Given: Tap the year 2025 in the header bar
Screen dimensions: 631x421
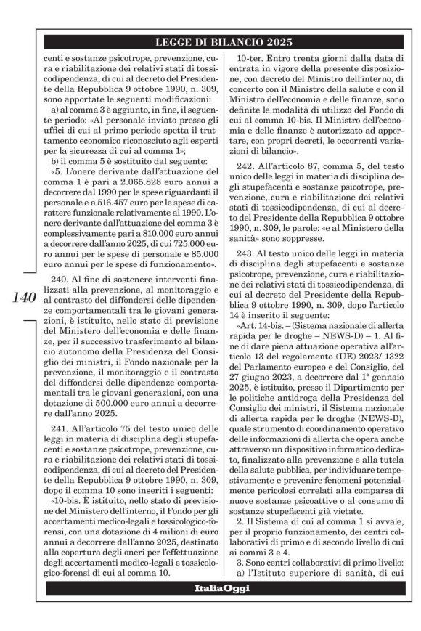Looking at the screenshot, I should (266, 43).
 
